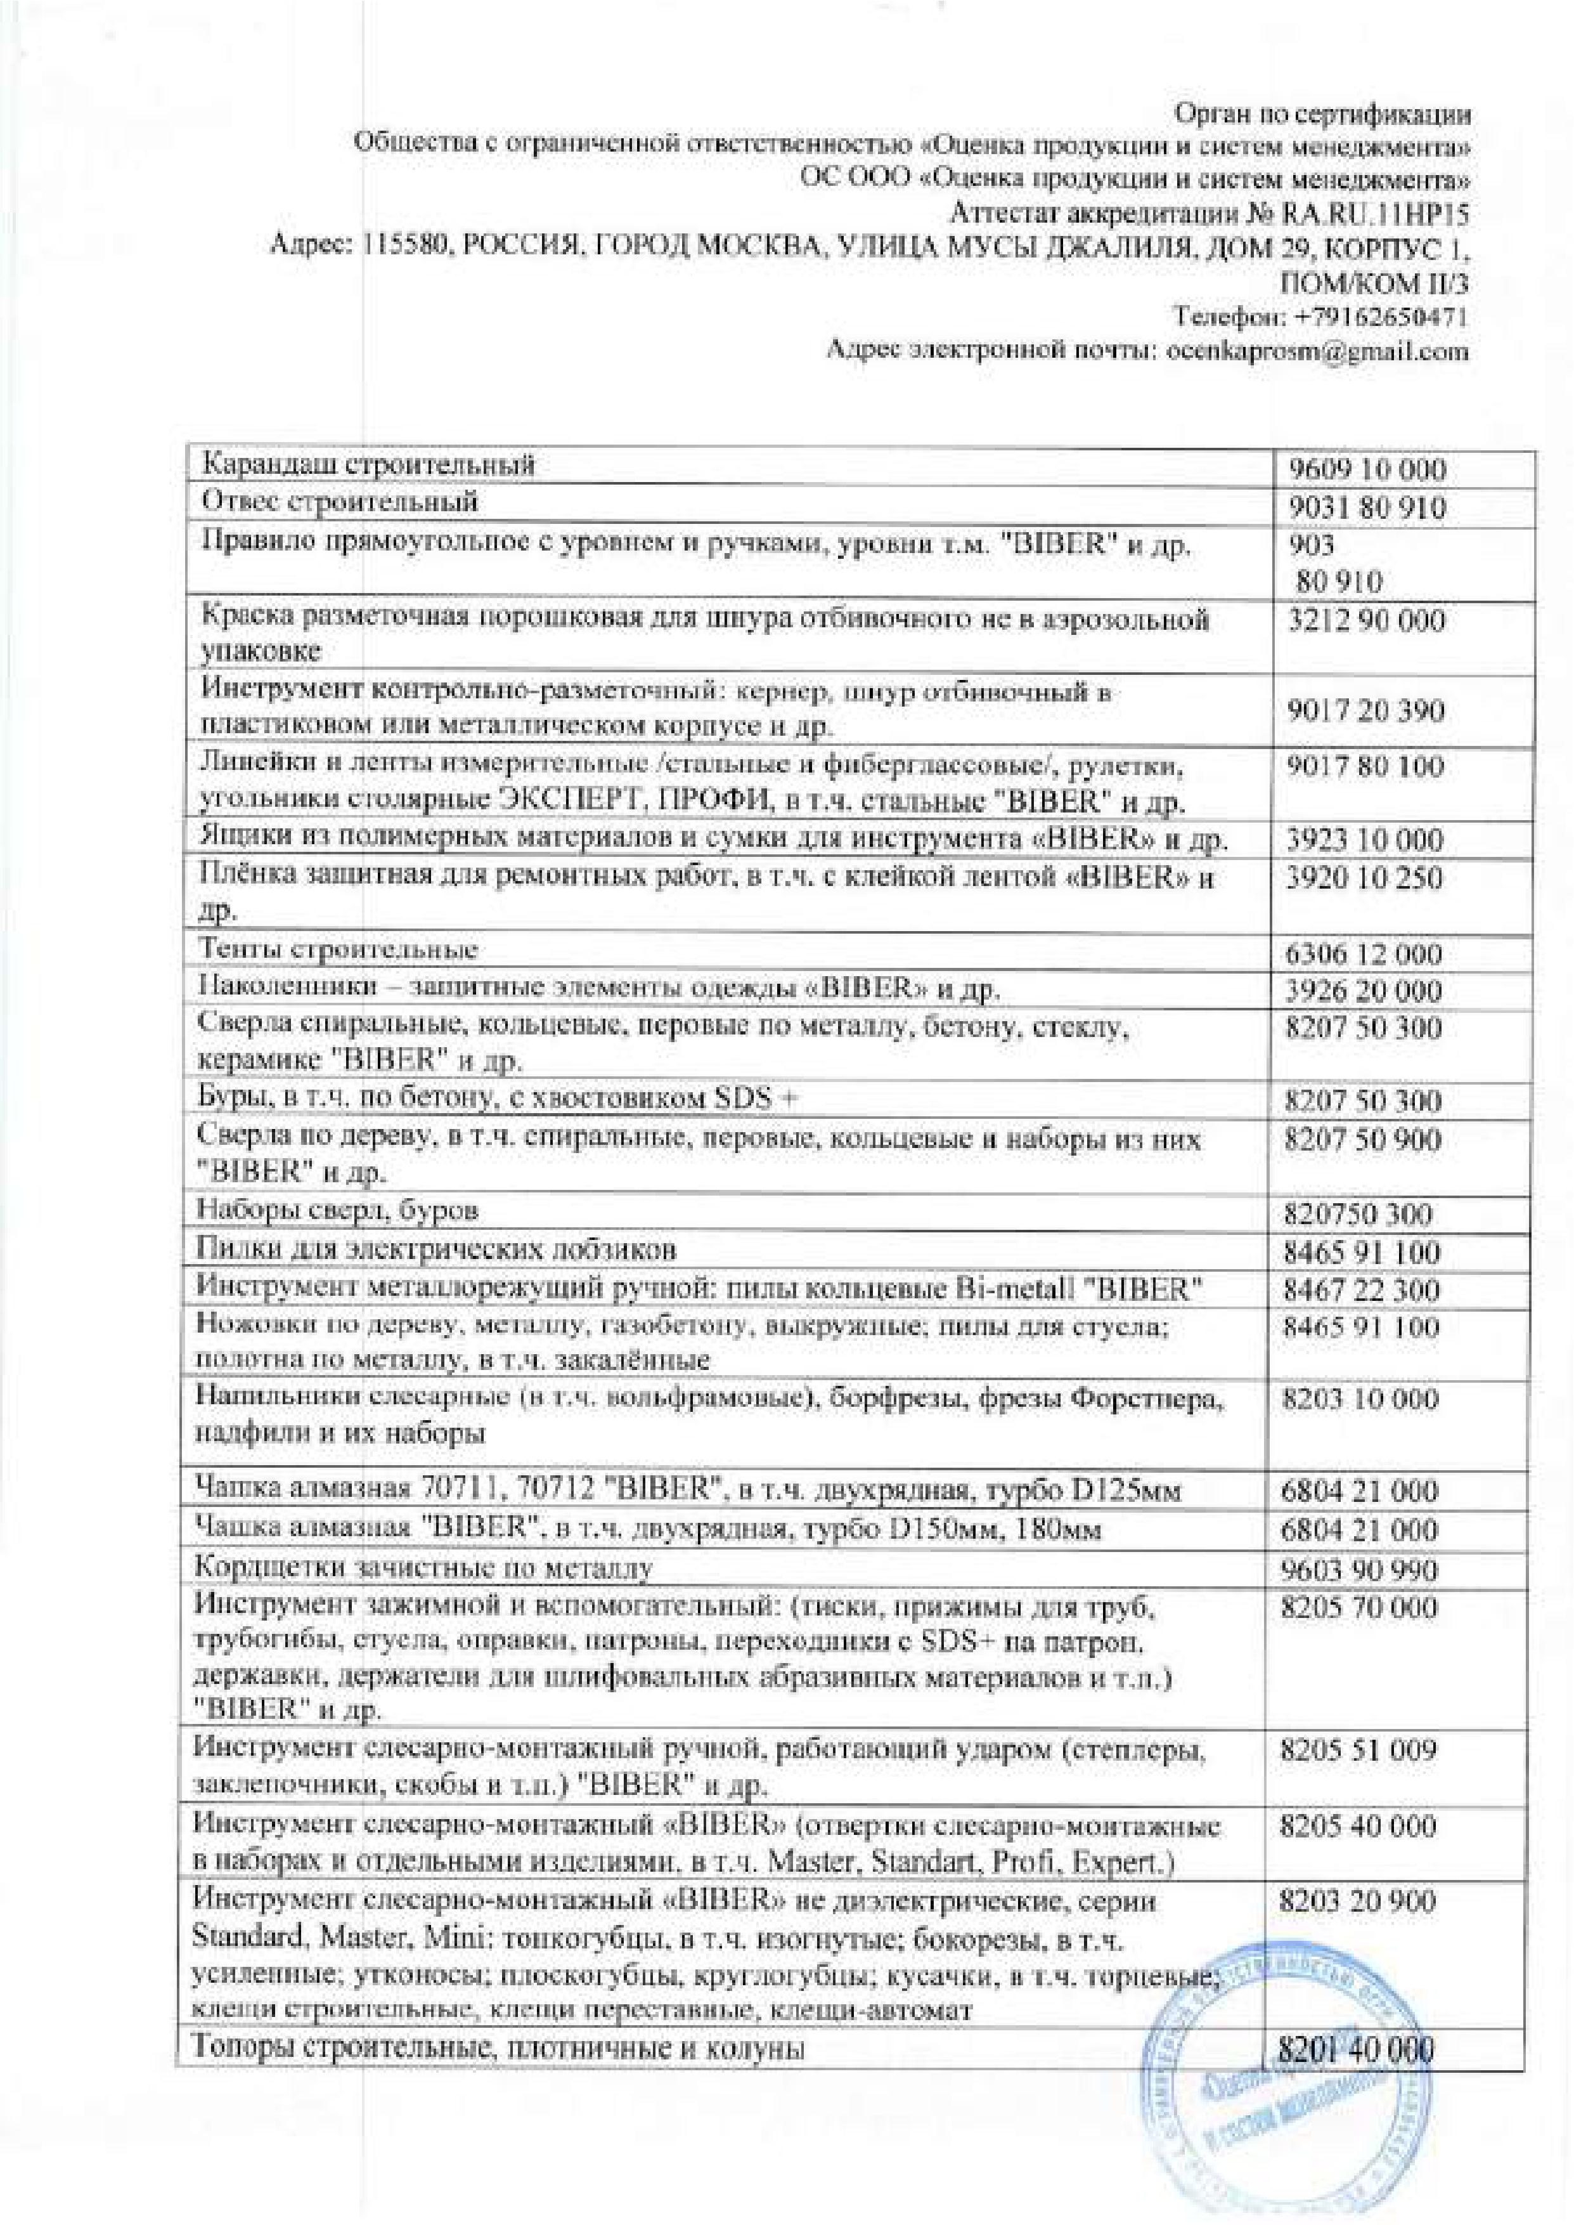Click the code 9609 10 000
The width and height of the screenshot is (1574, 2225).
1367,471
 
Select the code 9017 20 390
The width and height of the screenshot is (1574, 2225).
1367,712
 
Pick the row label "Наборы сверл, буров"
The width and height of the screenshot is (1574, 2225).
339,1210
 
